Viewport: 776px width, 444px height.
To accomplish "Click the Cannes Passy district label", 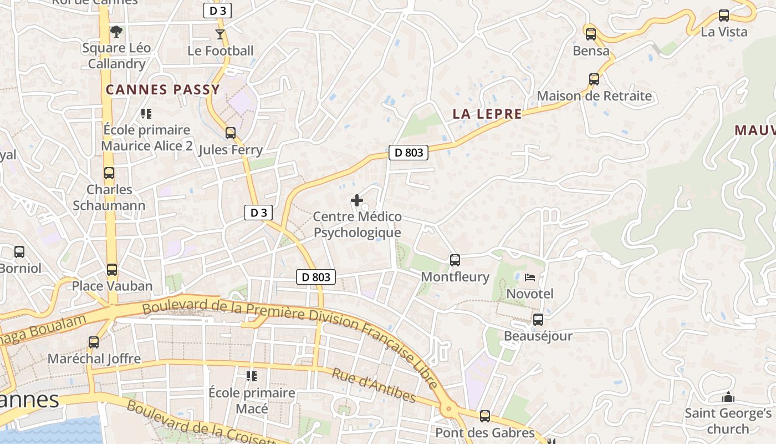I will (x=163, y=89).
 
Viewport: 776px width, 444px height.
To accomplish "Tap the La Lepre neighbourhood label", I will (x=487, y=114).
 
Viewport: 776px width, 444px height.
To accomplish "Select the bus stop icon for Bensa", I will (x=591, y=34).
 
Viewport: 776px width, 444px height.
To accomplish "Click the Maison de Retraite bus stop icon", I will (x=594, y=79).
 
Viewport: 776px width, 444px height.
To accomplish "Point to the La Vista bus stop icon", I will (x=724, y=16).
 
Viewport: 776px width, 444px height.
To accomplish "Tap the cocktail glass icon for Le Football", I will (x=220, y=34).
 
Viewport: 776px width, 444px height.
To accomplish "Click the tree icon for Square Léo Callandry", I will (x=116, y=32).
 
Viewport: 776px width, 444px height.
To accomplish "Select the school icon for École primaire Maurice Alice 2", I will (x=146, y=114).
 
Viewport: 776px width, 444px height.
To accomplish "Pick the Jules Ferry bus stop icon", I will (x=230, y=133).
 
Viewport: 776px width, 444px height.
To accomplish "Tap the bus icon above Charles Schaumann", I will (x=109, y=173).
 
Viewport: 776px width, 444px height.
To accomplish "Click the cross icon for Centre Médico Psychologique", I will (x=358, y=200).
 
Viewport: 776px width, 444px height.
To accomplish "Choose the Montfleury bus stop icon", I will (x=455, y=260).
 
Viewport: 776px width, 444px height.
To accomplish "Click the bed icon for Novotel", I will (x=530, y=277).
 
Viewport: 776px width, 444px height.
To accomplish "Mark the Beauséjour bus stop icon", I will (x=538, y=320).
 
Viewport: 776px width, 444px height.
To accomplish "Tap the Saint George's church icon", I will (x=728, y=397).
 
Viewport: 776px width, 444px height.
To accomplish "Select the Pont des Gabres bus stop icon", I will (x=485, y=416).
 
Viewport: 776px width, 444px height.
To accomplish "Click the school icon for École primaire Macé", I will (x=252, y=376).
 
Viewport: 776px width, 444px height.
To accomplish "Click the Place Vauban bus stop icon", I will (x=112, y=270).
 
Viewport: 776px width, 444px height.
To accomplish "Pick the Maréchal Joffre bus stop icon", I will (x=94, y=342).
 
